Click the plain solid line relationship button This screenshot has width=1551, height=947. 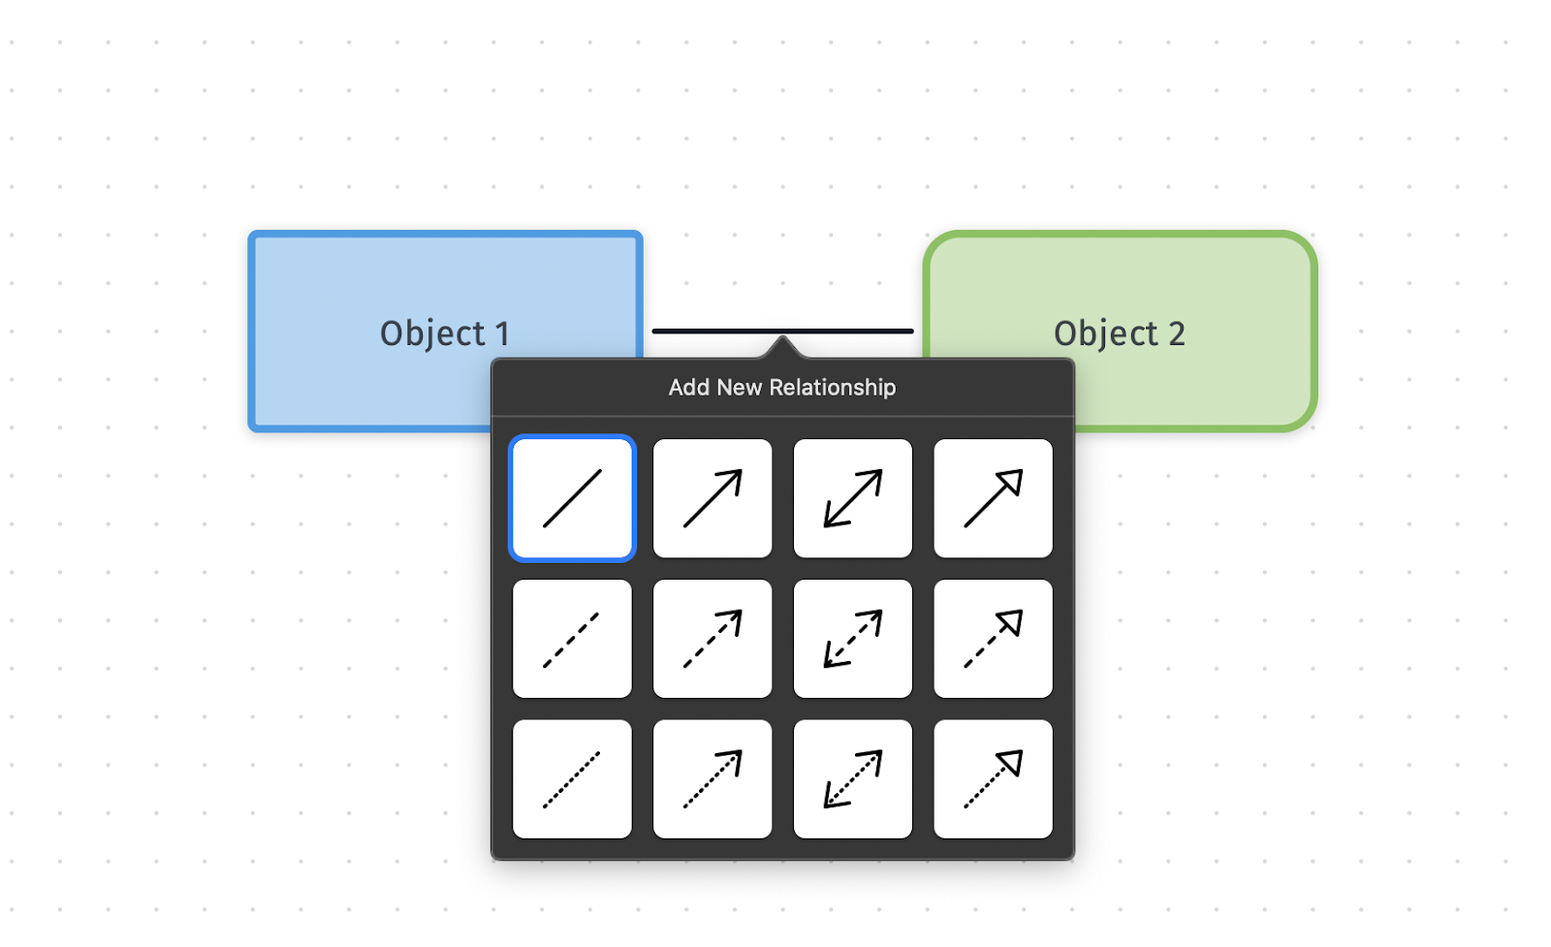pyautogui.click(x=572, y=498)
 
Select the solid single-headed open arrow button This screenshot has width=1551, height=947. pyautogui.click(x=712, y=498)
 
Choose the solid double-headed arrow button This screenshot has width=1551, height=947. pyautogui.click(x=852, y=498)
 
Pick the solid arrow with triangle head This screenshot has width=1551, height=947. pyautogui.click(x=993, y=498)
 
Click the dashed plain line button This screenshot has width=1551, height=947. pyautogui.click(x=572, y=639)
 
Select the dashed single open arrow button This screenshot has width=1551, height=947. pyautogui.click(x=712, y=639)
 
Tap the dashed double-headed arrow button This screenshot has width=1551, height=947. pyautogui.click(x=852, y=639)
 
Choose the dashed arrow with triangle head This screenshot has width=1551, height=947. pyautogui.click(x=993, y=639)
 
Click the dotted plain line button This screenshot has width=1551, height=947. pyautogui.click(x=572, y=779)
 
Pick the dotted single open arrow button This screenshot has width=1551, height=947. pyautogui.click(x=712, y=779)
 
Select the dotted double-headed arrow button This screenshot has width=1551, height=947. pyautogui.click(x=852, y=779)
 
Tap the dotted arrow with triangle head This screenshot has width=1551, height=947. pyautogui.click(x=993, y=779)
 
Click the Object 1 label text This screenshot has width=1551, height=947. pyautogui.click(x=444, y=333)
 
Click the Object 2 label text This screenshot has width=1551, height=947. pyautogui.click(x=1119, y=333)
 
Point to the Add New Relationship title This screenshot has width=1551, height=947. pyautogui.click(x=781, y=388)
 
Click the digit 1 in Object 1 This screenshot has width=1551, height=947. pyautogui.click(x=502, y=333)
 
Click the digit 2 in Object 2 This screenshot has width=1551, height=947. pyautogui.click(x=1176, y=333)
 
